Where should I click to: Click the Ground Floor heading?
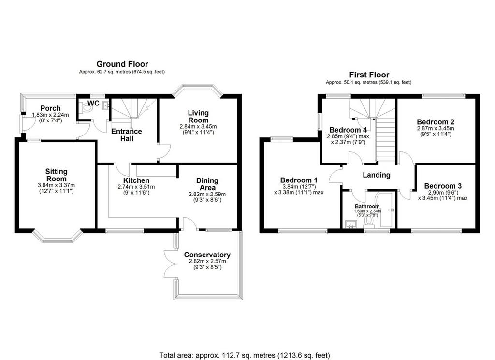pyautogui.click(x=122, y=64)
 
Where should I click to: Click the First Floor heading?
pyautogui.click(x=369, y=75)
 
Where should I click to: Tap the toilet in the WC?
pyautogui.click(x=86, y=108)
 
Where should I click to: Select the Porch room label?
pyautogui.click(x=50, y=108)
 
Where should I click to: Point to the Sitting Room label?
pyautogui.click(x=57, y=175)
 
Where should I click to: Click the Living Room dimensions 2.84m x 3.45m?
pyautogui.click(x=198, y=126)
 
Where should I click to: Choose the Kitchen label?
pyautogui.click(x=136, y=180)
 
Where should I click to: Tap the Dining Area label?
pyautogui.click(x=207, y=184)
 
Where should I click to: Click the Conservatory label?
pyautogui.click(x=207, y=255)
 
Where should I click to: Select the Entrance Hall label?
pyautogui.click(x=127, y=135)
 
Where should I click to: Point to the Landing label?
pyautogui.click(x=376, y=175)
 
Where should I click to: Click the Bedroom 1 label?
pyautogui.click(x=299, y=180)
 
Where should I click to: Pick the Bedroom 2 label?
pyautogui.click(x=436, y=122)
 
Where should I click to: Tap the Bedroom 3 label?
pyautogui.click(x=443, y=186)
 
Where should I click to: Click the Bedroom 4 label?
pyautogui.click(x=348, y=130)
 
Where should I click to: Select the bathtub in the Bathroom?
pyautogui.click(x=386, y=210)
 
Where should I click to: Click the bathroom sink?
pyautogui.click(x=351, y=225)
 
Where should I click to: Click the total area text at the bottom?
pyautogui.click(x=245, y=355)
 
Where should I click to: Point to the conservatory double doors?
pyautogui.click(x=170, y=263)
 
